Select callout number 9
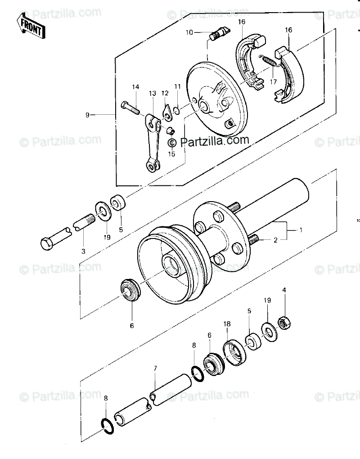88,115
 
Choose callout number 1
301,230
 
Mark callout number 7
155,369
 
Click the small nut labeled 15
171,131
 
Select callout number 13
152,94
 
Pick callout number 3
83,250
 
